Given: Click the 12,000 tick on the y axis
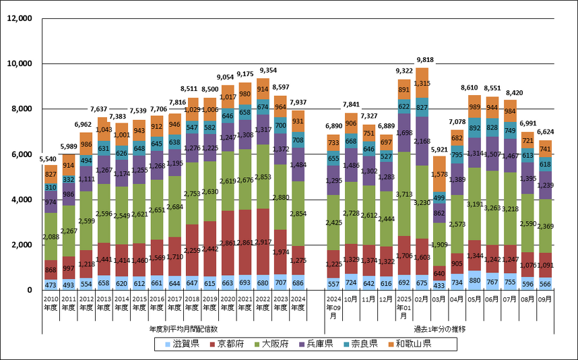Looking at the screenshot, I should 19,18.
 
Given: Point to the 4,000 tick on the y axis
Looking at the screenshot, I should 21,200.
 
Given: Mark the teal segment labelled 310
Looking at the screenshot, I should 51,187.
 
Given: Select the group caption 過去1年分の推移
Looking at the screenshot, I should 439,328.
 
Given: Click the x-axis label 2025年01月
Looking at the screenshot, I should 404,307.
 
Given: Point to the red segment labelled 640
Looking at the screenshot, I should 439,274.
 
